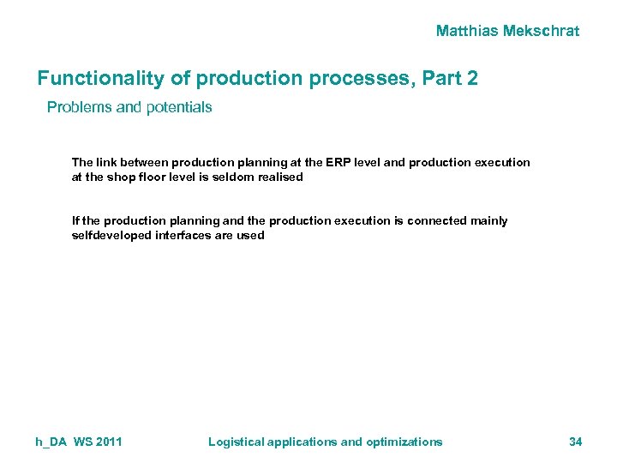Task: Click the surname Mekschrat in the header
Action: click(542, 31)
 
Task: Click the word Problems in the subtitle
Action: click(78, 108)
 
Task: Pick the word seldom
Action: click(232, 177)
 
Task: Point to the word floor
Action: click(153, 177)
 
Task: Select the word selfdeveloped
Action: click(111, 236)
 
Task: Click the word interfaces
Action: click(182, 236)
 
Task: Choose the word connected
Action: click(437, 220)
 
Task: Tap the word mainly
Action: click(489, 220)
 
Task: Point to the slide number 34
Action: click(575, 442)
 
